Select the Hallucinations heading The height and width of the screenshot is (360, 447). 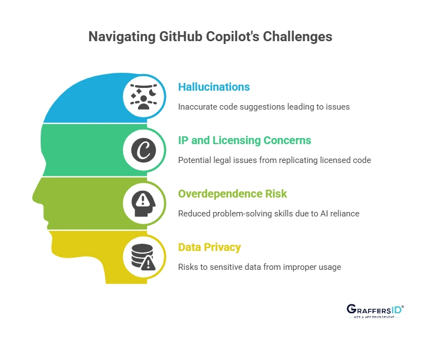click(x=214, y=87)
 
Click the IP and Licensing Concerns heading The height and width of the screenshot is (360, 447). click(x=244, y=140)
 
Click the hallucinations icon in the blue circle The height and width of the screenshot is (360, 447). click(x=144, y=96)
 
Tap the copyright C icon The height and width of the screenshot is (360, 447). click(x=144, y=150)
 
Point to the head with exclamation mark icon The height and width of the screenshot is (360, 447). click(x=144, y=203)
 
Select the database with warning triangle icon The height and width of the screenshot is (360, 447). click(x=144, y=257)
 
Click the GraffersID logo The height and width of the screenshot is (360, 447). click(x=375, y=311)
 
